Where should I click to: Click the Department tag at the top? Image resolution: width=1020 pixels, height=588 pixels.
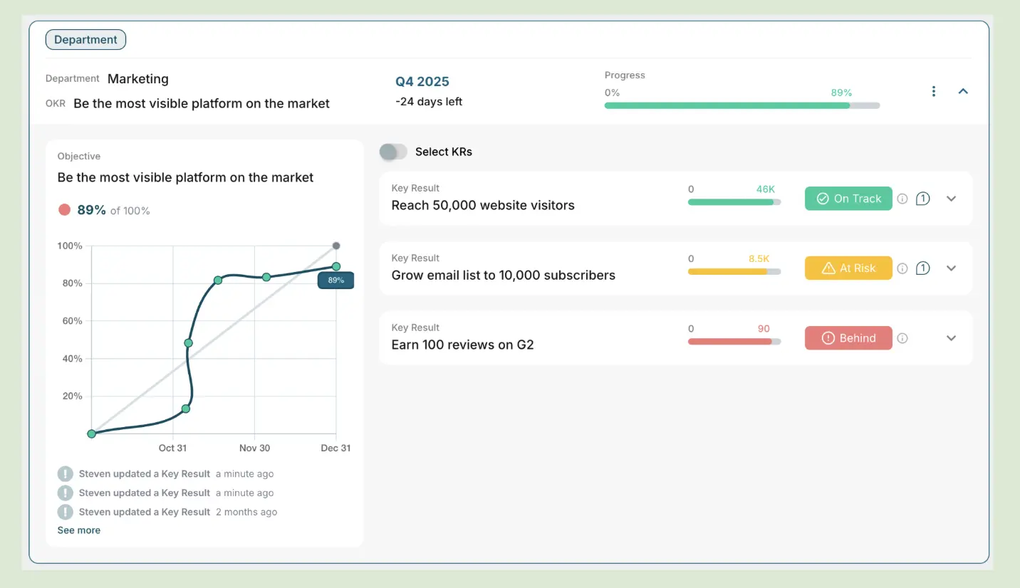[x=85, y=40]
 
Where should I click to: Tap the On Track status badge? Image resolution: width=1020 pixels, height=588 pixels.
[x=848, y=199]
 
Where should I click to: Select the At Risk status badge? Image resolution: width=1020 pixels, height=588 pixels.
[x=848, y=268]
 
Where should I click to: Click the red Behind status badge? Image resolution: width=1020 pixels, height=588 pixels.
[x=848, y=338]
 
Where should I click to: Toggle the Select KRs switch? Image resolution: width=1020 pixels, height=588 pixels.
[x=393, y=152]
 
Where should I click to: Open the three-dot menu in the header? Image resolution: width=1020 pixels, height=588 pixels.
[x=934, y=91]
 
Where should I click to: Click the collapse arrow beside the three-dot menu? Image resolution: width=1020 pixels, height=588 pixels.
[x=963, y=91]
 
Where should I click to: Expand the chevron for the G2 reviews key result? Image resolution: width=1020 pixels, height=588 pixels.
[x=951, y=338]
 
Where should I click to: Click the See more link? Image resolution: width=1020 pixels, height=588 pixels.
[x=79, y=530]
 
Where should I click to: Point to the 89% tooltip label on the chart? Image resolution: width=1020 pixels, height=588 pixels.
[x=335, y=280]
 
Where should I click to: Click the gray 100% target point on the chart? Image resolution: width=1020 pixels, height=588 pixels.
[x=336, y=246]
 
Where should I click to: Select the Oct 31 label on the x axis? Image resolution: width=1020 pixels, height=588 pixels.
[x=172, y=448]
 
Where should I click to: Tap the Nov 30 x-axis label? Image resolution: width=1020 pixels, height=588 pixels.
[x=254, y=448]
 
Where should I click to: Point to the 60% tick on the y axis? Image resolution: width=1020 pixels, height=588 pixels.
[x=73, y=321]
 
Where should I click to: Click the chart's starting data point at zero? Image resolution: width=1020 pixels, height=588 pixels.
[x=91, y=434]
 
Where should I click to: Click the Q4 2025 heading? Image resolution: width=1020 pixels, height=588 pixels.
[x=422, y=81]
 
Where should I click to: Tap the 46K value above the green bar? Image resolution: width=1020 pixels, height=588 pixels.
[x=766, y=189]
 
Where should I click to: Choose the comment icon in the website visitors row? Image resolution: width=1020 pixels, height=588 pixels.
[x=922, y=199]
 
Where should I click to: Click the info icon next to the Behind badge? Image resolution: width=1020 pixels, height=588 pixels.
[x=902, y=338]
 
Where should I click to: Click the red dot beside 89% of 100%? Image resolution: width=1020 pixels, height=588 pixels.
[x=65, y=210]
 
